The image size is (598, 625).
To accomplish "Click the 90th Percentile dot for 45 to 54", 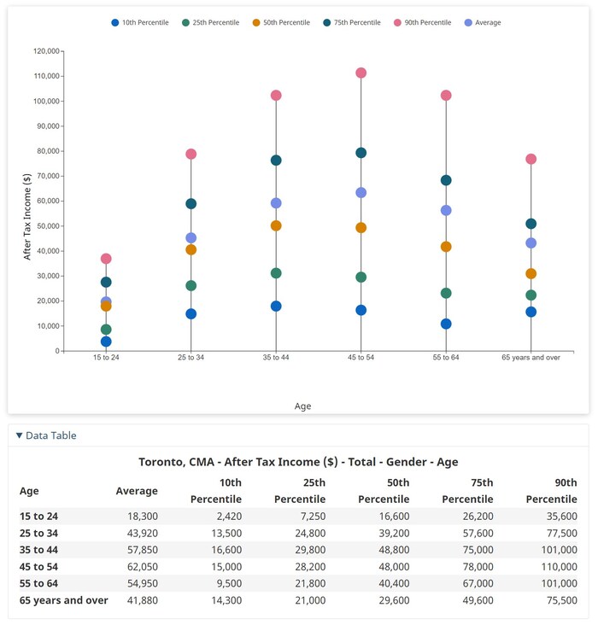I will point(361,73).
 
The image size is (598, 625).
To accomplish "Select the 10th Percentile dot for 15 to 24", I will point(106,342).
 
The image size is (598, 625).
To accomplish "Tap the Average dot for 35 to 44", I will point(276,203).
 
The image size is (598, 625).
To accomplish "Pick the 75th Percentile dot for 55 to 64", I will point(446,180).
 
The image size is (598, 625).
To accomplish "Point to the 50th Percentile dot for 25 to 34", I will point(191,249).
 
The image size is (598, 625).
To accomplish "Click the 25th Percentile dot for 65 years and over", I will point(531,295).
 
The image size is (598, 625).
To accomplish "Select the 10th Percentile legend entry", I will point(139,22).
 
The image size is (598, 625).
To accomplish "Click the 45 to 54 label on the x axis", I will point(361,358).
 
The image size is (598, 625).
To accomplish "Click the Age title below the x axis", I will point(302,406).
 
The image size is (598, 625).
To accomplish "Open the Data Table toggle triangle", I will point(20,435).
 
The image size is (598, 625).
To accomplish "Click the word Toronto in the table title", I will point(165,462).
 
